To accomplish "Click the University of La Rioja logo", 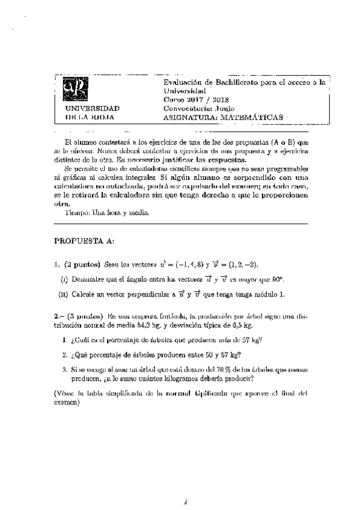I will [x=78, y=89].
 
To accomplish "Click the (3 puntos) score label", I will [x=82, y=316].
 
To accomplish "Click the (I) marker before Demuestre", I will [x=64, y=279].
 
